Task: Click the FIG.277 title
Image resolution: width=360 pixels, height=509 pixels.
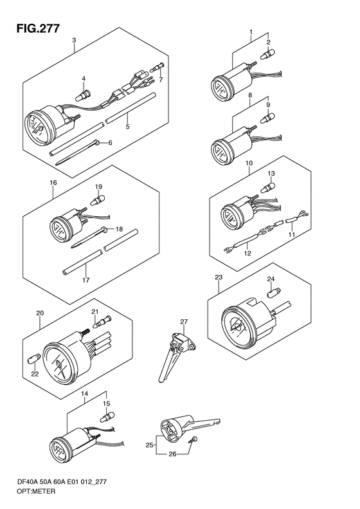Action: [x=39, y=28]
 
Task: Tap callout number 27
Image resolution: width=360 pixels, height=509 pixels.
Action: [x=184, y=322]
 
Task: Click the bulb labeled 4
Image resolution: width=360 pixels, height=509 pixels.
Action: [x=84, y=94]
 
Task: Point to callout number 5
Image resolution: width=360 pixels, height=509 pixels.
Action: [x=128, y=126]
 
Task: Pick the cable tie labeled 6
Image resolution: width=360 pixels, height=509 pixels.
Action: [x=78, y=152]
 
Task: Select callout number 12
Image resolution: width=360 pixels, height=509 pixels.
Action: [x=248, y=253]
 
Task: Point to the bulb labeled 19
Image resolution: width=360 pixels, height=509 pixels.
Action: [x=98, y=199]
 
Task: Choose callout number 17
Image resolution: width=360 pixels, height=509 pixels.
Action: [x=86, y=279]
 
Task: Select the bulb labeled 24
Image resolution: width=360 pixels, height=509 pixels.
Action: [x=271, y=293]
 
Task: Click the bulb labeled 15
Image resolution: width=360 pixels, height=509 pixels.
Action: [x=106, y=417]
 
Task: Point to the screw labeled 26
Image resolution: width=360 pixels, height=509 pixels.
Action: [x=194, y=440]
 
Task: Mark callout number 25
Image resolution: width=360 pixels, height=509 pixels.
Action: [x=149, y=445]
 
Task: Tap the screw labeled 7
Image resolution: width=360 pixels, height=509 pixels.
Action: [x=157, y=68]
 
